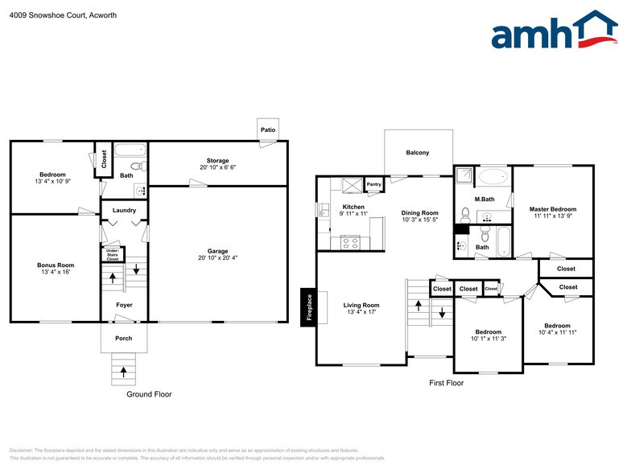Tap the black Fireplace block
[x=308, y=306]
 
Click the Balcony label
[x=417, y=153]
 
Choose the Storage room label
[x=217, y=161]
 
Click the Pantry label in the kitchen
[x=373, y=184]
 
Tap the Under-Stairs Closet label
[x=113, y=256]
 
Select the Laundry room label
[x=124, y=211]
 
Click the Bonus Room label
[x=55, y=265]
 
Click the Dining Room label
[x=419, y=213]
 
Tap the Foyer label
[x=124, y=305]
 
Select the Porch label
[x=123, y=338]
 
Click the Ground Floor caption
[x=149, y=394]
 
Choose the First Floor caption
[x=446, y=383]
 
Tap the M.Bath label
[x=483, y=199]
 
